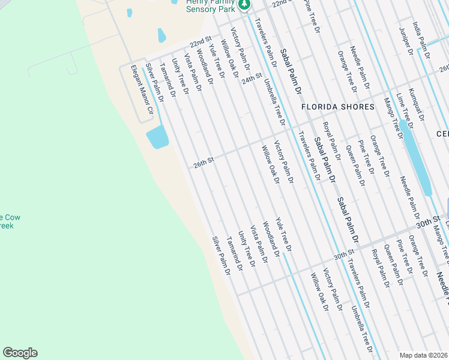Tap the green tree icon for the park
(x=244, y=5)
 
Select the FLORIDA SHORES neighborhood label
(x=338, y=107)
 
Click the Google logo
(x=20, y=353)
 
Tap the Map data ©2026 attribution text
(x=424, y=355)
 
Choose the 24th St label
(x=253, y=79)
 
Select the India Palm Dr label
(x=422, y=40)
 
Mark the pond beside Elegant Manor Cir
(x=157, y=137)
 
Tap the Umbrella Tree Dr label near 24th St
(x=273, y=98)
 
